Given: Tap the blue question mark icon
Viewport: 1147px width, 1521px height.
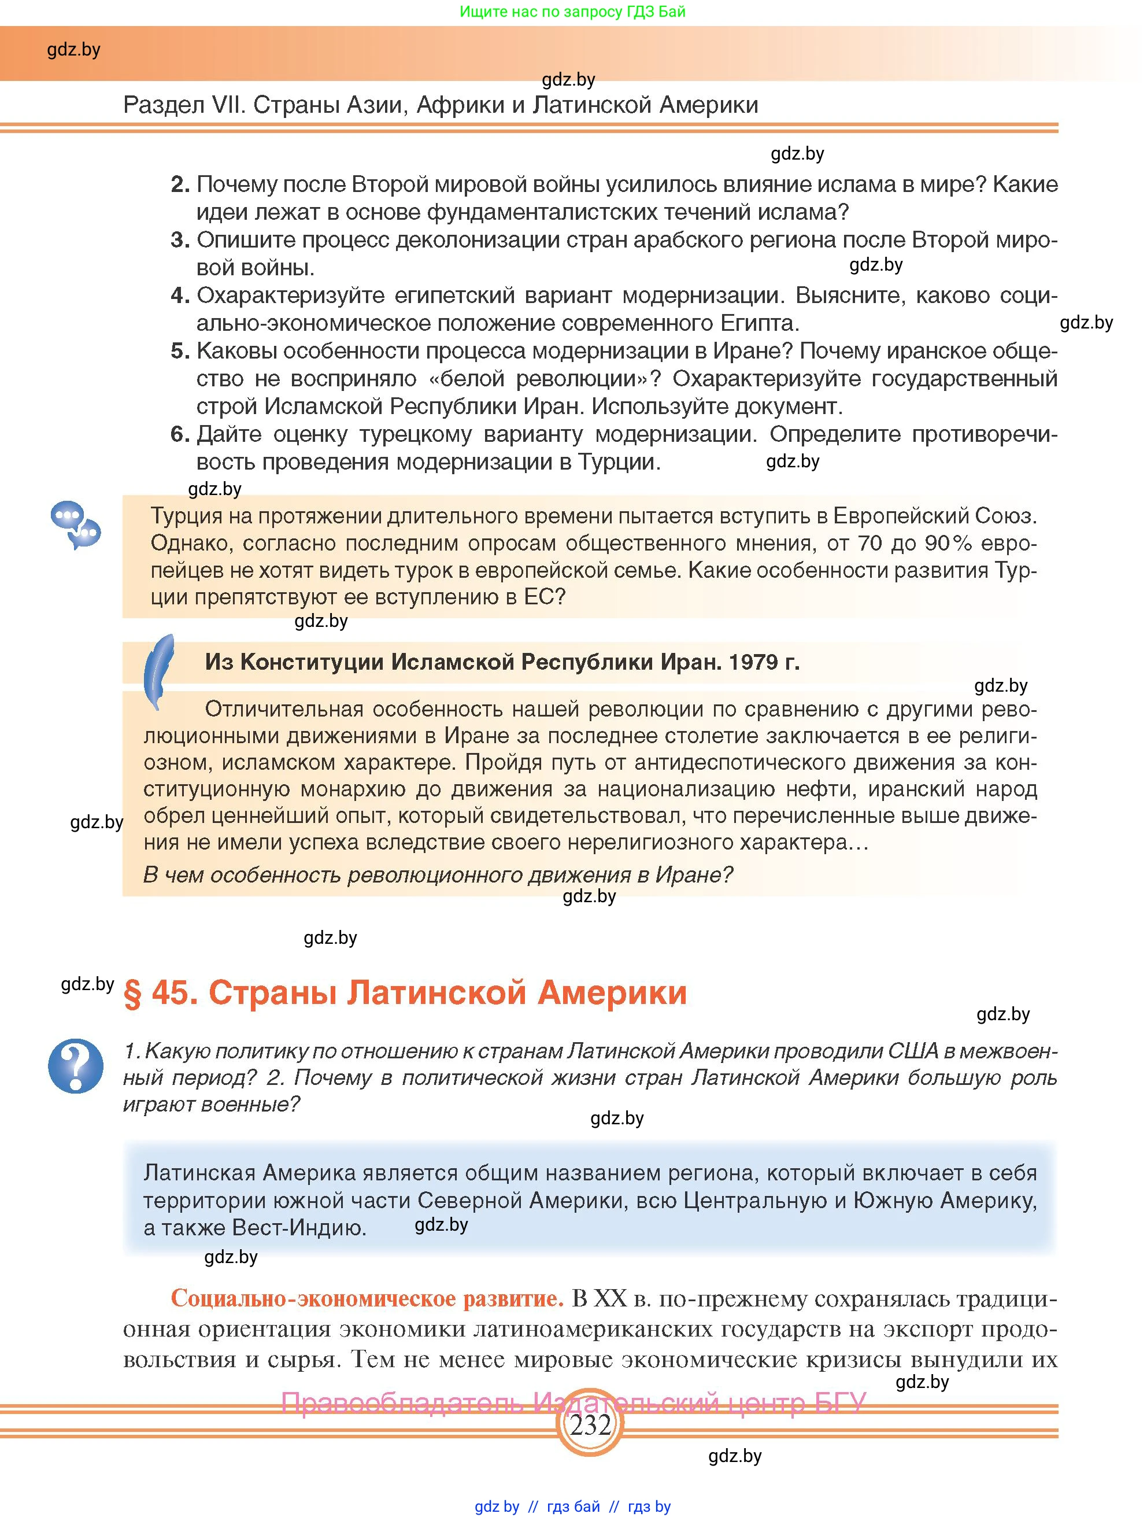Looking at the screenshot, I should click(x=76, y=1066).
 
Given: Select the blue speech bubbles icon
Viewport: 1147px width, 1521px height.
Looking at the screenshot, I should click(x=76, y=525).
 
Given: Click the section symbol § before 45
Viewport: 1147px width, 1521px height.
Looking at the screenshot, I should click(x=132, y=994).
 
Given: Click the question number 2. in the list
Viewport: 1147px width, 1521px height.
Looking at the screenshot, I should click(x=180, y=184).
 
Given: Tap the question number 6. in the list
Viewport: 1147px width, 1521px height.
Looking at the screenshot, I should click(x=180, y=434).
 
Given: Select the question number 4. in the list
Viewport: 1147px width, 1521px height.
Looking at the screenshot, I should click(x=180, y=296).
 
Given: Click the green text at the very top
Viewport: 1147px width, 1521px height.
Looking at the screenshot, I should click(x=572, y=12).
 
